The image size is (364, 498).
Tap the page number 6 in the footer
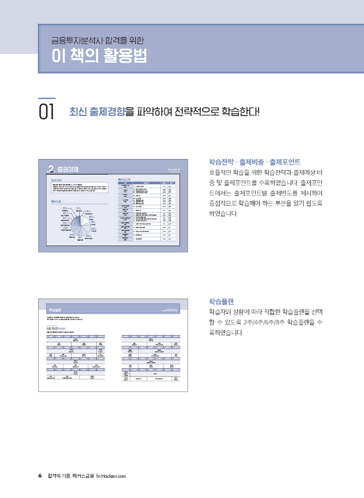click(x=40, y=476)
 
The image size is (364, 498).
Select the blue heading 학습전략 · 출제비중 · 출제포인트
click(x=255, y=161)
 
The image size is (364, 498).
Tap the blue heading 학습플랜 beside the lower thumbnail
click(x=221, y=301)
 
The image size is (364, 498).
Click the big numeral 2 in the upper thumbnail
click(x=51, y=170)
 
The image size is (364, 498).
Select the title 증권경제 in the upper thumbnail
click(x=68, y=170)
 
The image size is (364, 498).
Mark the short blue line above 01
click(x=47, y=99)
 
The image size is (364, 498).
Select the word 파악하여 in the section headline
click(x=154, y=112)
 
